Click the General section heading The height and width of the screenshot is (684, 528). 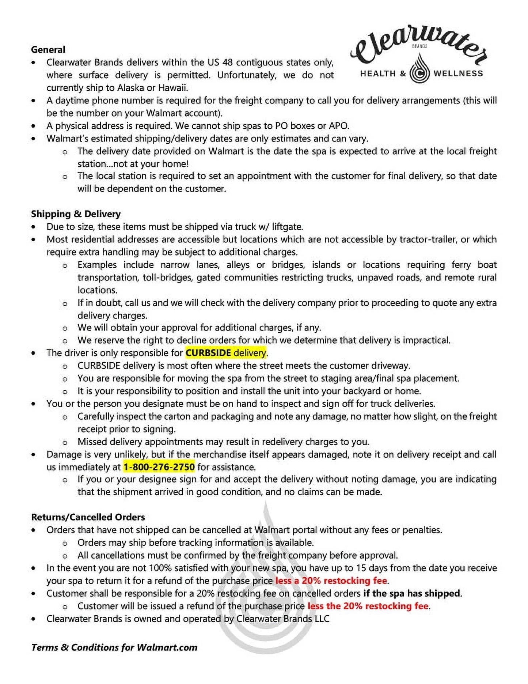48,50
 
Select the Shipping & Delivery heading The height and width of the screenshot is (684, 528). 76,214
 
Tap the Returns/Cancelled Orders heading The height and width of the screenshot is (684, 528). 88,517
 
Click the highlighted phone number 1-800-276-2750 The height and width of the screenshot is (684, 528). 159,467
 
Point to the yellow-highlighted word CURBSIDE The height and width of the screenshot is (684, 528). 208,353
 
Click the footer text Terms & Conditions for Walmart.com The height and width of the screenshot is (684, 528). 114,647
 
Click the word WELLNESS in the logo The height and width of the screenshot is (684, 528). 458,73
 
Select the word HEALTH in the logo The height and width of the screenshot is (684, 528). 378,73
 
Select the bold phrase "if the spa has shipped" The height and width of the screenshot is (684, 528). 411,593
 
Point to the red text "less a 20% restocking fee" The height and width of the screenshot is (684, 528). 331,581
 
